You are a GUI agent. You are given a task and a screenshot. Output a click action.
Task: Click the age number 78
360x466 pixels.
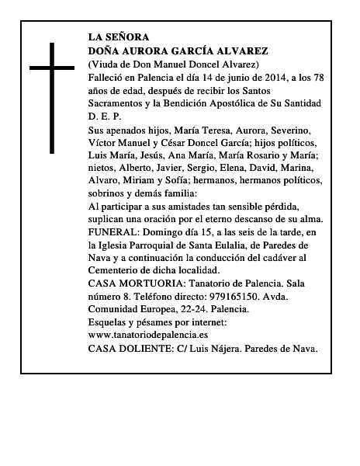click(x=334, y=77)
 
